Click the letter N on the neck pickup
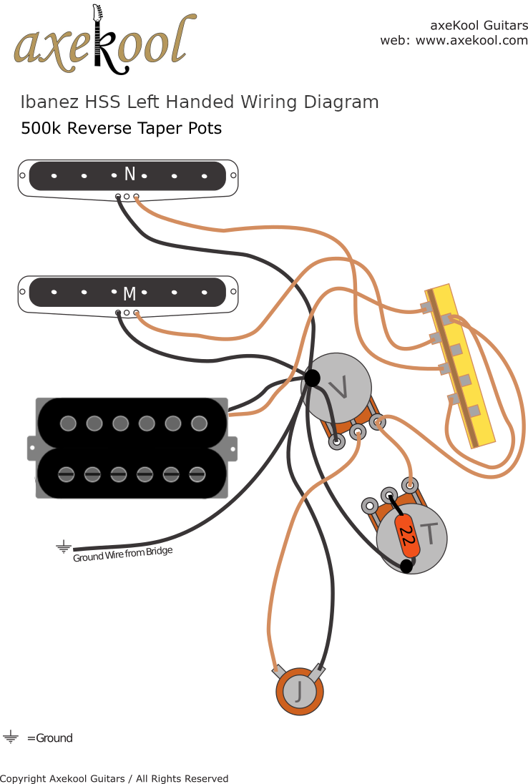pos(129,174)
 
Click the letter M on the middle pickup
pos(129,293)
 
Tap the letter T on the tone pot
pos(429,532)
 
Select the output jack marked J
pos(300,691)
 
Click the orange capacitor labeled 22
pos(406,535)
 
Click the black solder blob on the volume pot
pos(312,378)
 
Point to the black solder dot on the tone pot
pos(406,566)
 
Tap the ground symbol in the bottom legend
pos(11,738)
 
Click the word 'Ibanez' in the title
pos(45,102)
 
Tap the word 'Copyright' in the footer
pos(22,778)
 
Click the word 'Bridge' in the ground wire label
pos(159,552)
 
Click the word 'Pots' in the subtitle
pos(206,129)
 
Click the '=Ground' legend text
pos(49,738)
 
